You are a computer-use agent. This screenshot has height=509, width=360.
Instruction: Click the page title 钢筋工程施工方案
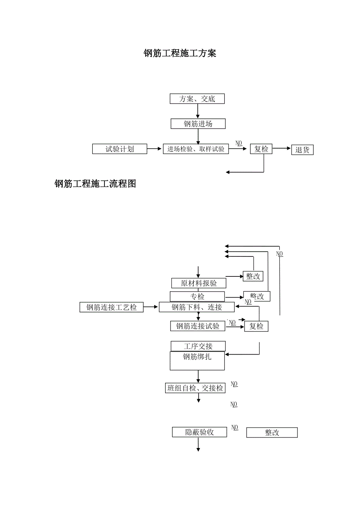pos(180,54)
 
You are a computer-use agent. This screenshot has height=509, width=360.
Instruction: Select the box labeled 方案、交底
pos(197,99)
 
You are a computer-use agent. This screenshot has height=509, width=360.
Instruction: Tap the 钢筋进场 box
pos(198,124)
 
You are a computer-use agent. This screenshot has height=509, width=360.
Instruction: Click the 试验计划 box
pos(120,149)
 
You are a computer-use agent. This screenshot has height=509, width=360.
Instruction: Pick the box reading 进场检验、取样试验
pos(196,149)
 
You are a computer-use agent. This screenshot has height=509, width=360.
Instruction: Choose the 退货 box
pos(302,150)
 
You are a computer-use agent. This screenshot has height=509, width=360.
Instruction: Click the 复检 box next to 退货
pos(261,149)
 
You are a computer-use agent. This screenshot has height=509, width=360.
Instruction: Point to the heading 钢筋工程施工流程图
pos(95,184)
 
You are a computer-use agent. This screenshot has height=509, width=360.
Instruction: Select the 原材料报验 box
pos(199,283)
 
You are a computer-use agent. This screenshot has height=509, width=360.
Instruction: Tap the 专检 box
pos(197,297)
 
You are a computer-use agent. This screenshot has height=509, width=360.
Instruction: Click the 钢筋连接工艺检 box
pos(112,307)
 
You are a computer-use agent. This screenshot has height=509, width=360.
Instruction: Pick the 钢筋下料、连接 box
pos(196,307)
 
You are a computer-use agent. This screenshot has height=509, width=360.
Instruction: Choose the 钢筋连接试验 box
pos(198,326)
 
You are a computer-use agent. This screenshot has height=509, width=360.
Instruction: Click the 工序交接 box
pos(198,346)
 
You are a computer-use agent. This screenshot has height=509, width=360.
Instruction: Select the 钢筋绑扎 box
pos(197,361)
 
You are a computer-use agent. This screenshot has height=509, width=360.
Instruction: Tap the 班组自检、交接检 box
pos(195,388)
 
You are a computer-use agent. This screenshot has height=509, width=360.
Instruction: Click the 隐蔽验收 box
pos(200,432)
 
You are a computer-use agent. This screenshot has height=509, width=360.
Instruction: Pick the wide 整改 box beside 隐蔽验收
pos(272,433)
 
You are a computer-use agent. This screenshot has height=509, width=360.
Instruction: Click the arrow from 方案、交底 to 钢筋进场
pos(198,111)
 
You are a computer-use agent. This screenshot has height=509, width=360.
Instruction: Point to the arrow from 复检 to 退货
pos(282,149)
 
